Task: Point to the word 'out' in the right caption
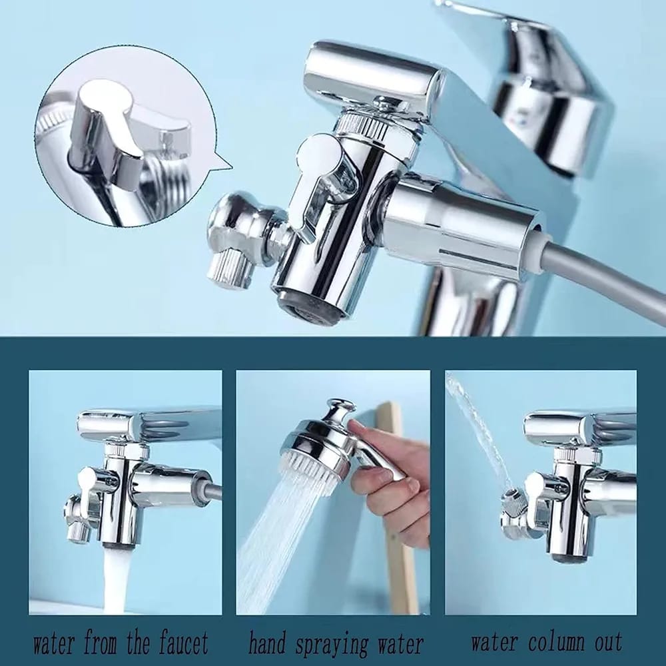pyautogui.click(x=606, y=643)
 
